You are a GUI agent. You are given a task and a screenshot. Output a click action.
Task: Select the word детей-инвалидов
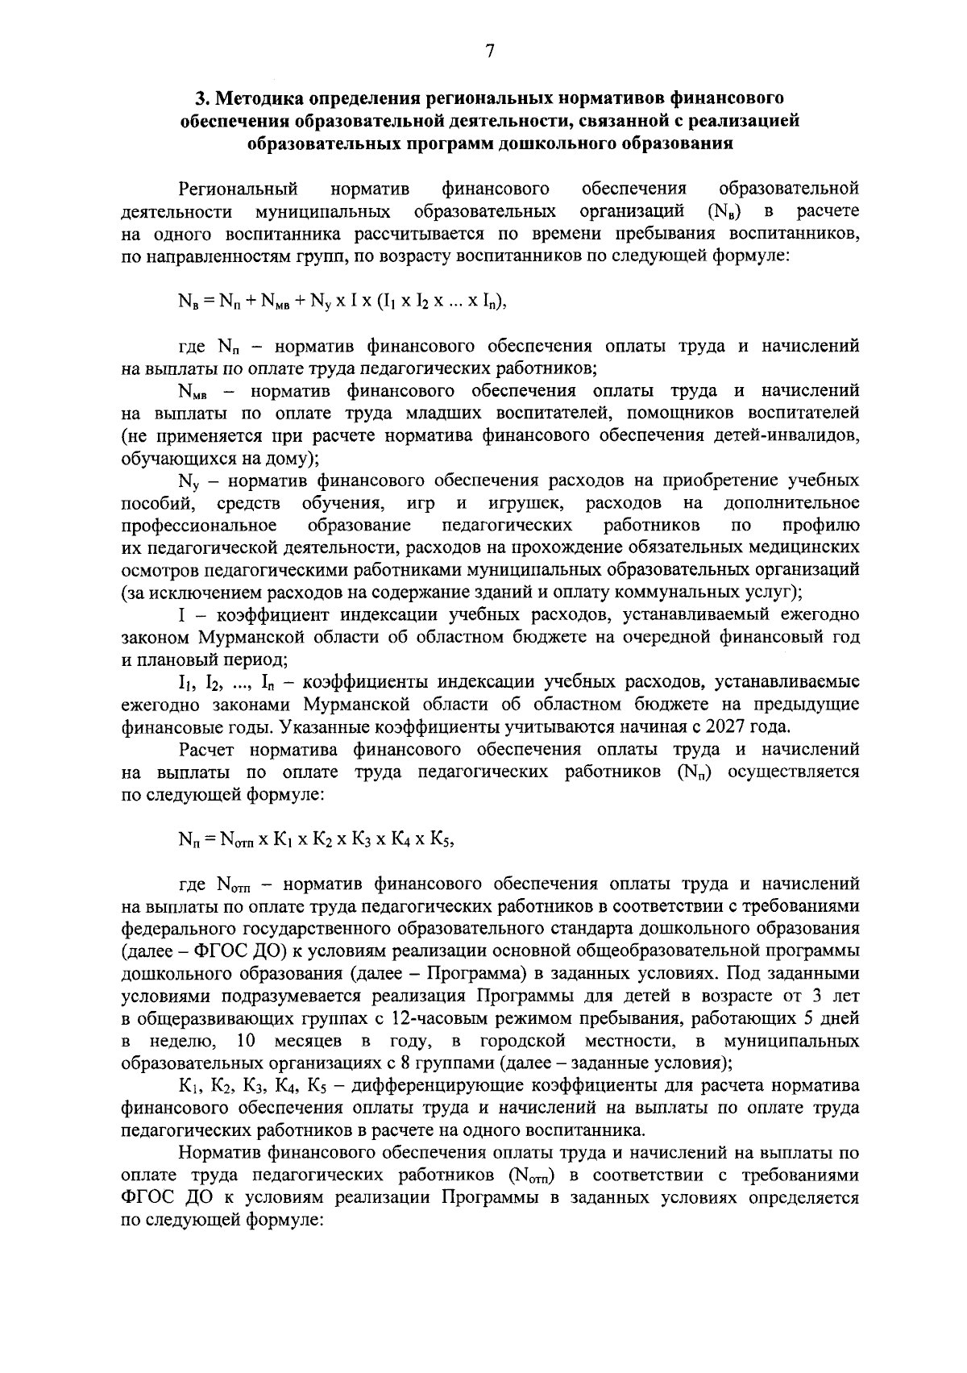click(x=781, y=436)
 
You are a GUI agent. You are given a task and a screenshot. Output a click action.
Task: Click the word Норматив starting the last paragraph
click(x=217, y=1153)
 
